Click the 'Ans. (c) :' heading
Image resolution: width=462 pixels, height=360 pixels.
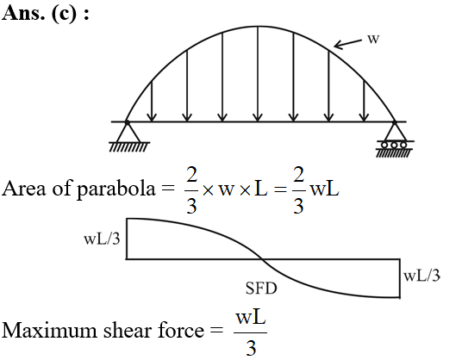pyautogui.click(x=45, y=13)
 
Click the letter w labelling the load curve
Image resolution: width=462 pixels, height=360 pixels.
pyautogui.click(x=373, y=39)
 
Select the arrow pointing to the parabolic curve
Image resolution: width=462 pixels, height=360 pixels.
pyautogui.click(x=347, y=44)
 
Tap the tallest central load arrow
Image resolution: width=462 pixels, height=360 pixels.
pyautogui.click(x=258, y=74)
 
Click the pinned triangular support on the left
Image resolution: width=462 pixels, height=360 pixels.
pyautogui.click(x=128, y=132)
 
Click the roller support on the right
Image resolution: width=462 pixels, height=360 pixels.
pyautogui.click(x=395, y=138)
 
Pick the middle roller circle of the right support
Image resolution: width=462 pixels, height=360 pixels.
pyautogui.click(x=394, y=145)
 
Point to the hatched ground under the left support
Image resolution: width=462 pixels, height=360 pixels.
pyautogui.click(x=129, y=147)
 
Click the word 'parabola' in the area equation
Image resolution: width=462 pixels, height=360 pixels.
pyautogui.click(x=115, y=189)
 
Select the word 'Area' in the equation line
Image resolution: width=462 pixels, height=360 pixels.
pyautogui.click(x=24, y=189)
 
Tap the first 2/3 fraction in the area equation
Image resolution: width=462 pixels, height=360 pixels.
pyautogui.click(x=191, y=189)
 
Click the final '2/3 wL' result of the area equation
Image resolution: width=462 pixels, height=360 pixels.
pyautogui.click(x=315, y=189)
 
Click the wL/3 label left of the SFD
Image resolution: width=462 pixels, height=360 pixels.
pyautogui.click(x=102, y=239)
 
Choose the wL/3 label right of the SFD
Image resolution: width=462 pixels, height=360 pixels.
pyautogui.click(x=421, y=276)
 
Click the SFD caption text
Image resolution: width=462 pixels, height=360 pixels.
pyautogui.click(x=261, y=289)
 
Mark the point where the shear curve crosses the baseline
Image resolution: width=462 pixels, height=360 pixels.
pyautogui.click(x=262, y=259)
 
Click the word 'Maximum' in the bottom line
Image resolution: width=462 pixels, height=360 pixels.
pyautogui.click(x=50, y=330)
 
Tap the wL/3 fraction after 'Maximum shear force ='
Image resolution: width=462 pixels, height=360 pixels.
pyautogui.click(x=251, y=333)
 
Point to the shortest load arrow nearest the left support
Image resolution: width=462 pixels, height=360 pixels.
pyautogui.click(x=152, y=101)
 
